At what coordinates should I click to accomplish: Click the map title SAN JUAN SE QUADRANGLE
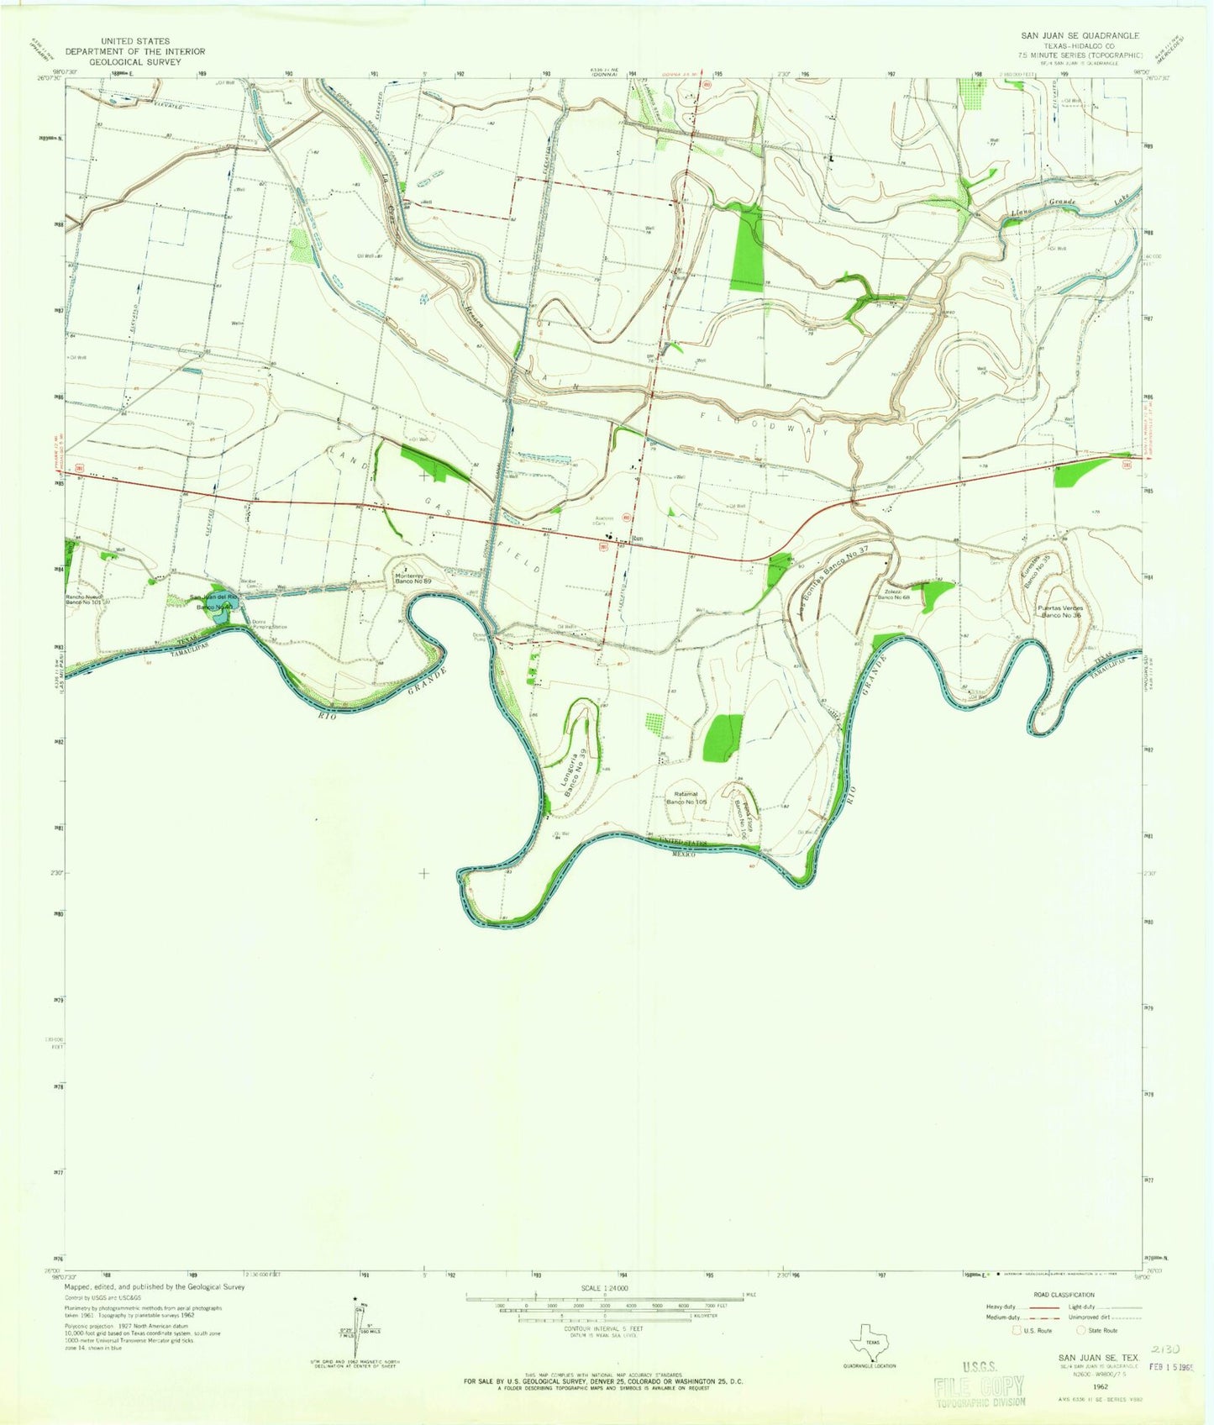pos(1080,36)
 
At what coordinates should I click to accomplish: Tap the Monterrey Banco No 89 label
pos(413,578)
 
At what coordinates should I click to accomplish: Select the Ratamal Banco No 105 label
pos(687,797)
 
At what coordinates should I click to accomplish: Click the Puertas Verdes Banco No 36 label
pos(1060,611)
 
